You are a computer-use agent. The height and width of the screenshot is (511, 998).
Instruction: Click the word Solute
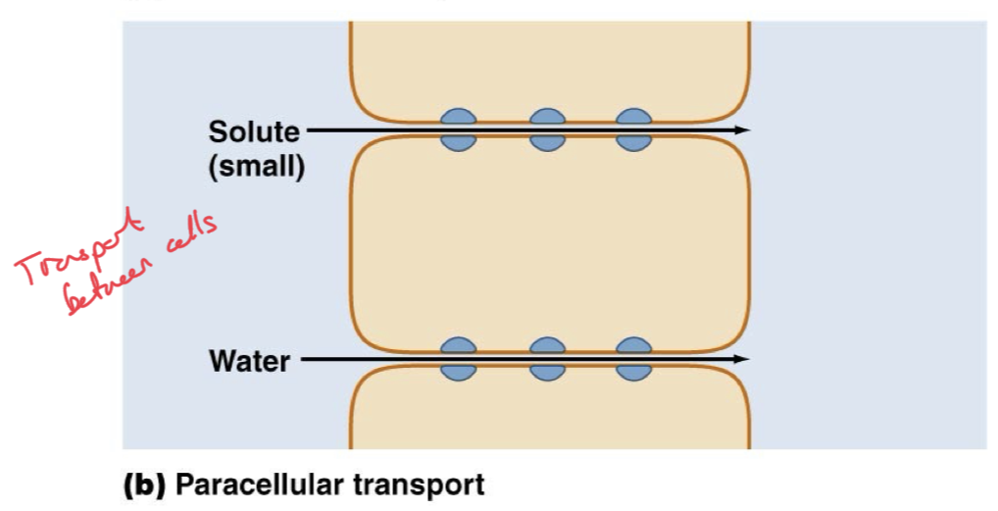[253, 131]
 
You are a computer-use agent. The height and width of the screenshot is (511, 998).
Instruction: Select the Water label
[249, 361]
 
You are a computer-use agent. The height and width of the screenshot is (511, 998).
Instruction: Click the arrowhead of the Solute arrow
[744, 129]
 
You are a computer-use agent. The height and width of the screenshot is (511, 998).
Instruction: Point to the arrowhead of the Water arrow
[744, 360]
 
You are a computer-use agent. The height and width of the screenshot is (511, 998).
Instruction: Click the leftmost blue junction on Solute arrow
[458, 129]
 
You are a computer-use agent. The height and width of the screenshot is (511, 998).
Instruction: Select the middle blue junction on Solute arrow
[547, 129]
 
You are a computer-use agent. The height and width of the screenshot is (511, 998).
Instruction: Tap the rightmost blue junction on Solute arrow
[634, 129]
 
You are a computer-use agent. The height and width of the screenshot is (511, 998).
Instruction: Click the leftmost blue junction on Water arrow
[458, 359]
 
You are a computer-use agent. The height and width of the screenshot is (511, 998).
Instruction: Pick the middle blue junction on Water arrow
[547, 359]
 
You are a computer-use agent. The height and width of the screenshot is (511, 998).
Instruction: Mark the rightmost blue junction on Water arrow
[634, 359]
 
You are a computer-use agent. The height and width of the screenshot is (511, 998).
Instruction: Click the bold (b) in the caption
[141, 485]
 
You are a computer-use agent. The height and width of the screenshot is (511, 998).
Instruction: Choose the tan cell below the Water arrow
[549, 412]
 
